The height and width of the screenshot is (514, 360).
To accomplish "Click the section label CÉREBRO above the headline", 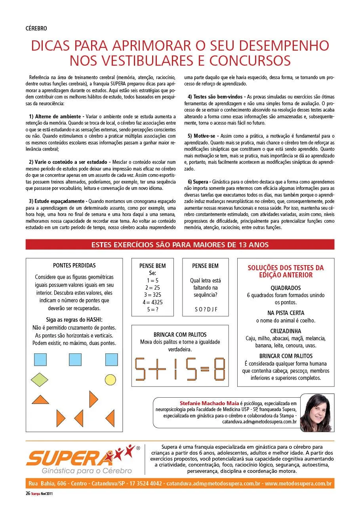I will pyautogui.click(x=36, y=28).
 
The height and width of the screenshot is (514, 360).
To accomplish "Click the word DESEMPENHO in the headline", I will pyautogui.click(x=282, y=46).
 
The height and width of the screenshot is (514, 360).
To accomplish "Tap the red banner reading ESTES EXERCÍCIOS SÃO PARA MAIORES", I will pyautogui.click(x=180, y=245).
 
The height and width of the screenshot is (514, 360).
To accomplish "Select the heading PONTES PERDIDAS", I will pyautogui.click(x=74, y=266).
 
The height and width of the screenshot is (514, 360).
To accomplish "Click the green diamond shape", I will pyautogui.click(x=38, y=379).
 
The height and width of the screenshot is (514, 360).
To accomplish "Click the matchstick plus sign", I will pyautogui.click(x=160, y=370).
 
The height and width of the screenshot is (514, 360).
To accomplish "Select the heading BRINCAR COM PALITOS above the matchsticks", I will pyautogui.click(x=180, y=335).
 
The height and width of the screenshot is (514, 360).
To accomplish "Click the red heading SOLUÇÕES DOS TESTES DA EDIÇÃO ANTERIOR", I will pyautogui.click(x=285, y=271).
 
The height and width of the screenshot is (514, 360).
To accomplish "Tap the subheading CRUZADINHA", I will pyautogui.click(x=285, y=331).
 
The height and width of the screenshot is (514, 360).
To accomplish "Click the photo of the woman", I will pyautogui.click(x=317, y=413).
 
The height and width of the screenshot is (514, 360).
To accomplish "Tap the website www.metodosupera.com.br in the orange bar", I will pyautogui.click(x=298, y=484).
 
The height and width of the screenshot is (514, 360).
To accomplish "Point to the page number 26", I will pyautogui.click(x=28, y=493).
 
